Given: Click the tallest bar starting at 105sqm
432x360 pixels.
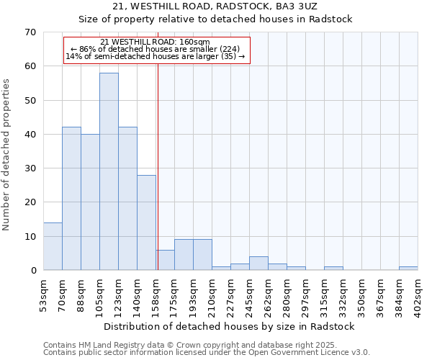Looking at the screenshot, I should pyautogui.click(x=109, y=171).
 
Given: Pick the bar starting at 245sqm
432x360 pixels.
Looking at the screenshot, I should pyautogui.click(x=258, y=264).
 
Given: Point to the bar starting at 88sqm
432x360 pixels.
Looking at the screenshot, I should pyautogui.click(x=90, y=202).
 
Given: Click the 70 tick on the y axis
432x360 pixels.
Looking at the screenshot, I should pyautogui.click(x=30, y=32).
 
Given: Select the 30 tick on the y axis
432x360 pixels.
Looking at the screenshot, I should pyautogui.click(x=30, y=168).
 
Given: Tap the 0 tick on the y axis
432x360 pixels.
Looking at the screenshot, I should pyautogui.click(x=33, y=271).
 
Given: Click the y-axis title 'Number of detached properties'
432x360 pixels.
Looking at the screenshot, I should pyautogui.click(x=7, y=154).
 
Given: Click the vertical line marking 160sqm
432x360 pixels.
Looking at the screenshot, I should pyautogui.click(x=158, y=166).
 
